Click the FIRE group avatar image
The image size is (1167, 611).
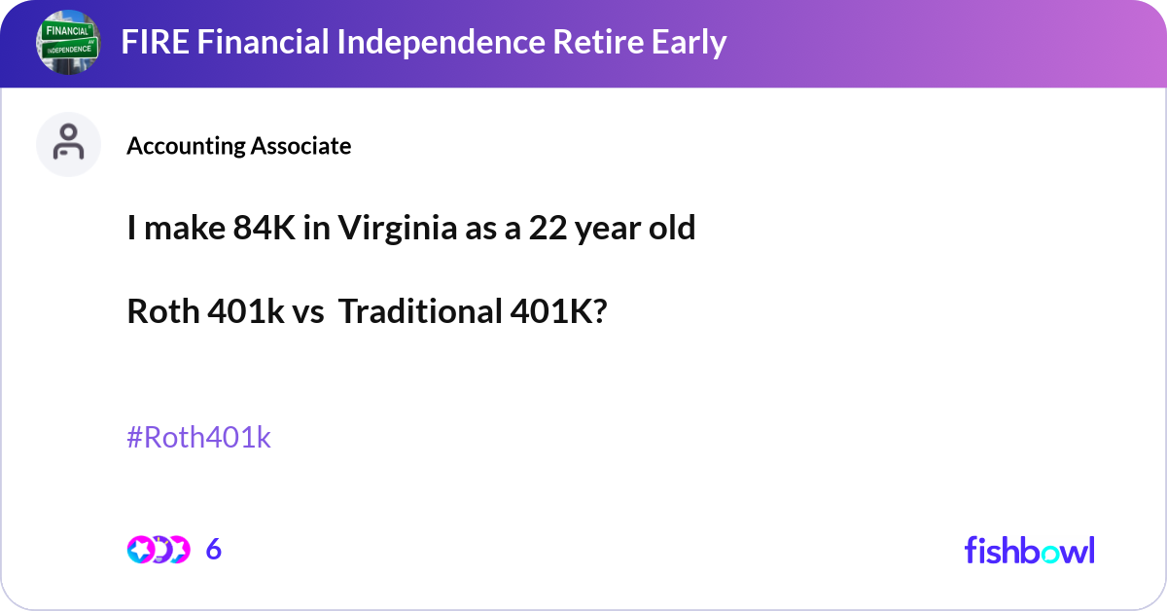tap(68, 43)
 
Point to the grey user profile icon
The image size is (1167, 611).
tap(68, 144)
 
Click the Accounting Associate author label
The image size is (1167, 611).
tap(239, 146)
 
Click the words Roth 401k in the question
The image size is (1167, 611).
tap(206, 312)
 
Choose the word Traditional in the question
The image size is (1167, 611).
tap(419, 312)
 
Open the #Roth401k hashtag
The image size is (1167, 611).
tap(198, 438)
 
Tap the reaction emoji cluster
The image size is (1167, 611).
tap(158, 550)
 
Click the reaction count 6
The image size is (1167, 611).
tap(214, 550)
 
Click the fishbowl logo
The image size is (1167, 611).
tap(1029, 550)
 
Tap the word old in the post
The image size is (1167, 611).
tap(671, 229)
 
